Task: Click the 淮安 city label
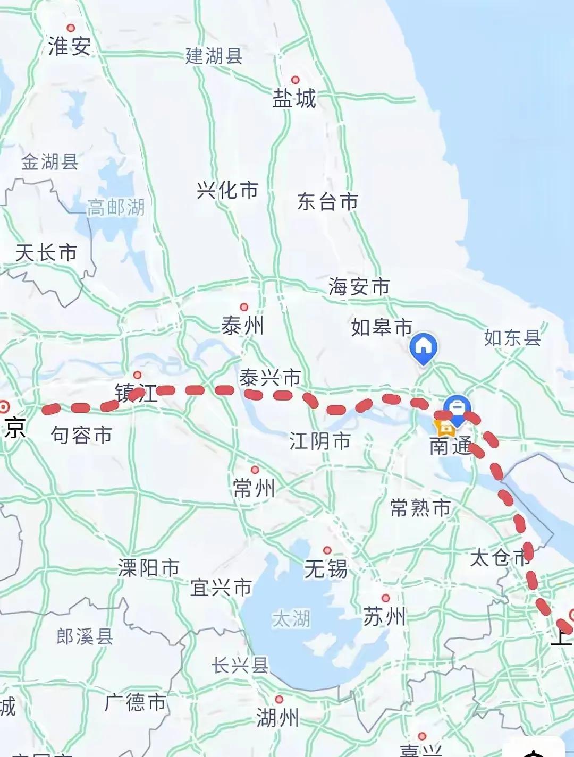tap(70, 46)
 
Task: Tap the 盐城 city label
tap(294, 99)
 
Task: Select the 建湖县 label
tap(214, 56)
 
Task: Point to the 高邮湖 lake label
tap(116, 207)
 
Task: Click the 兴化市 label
tap(227, 190)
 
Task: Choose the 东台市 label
tap(327, 201)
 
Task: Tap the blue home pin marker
tap(424, 347)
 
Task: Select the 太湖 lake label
tap(291, 618)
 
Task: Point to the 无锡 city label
tap(326, 569)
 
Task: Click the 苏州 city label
tap(384, 617)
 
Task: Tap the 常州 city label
tap(254, 488)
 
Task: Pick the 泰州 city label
tap(242, 325)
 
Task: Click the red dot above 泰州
tap(244, 307)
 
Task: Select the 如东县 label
tap(512, 337)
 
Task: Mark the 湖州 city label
tap(277, 718)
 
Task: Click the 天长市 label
tap(46, 253)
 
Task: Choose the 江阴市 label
tap(320, 441)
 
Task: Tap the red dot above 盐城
tap(295, 80)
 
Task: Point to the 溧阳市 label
tap(149, 568)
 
